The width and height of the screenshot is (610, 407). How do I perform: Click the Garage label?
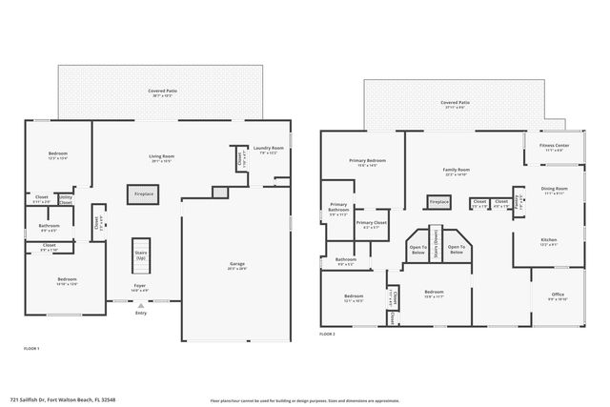237,266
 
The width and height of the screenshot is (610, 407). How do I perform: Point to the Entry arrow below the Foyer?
141,304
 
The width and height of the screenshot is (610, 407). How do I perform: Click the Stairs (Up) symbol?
141,253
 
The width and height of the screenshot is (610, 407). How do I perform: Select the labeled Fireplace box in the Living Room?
142,193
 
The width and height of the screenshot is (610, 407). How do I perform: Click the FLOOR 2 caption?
327,335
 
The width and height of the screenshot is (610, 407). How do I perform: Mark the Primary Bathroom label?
338,208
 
